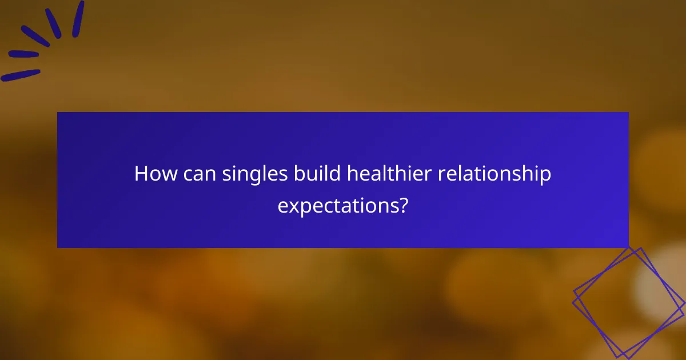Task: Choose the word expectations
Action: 337,206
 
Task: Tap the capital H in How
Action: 141,174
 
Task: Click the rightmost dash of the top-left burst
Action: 78,19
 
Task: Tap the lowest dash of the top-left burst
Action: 21,75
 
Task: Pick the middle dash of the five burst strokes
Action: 35,35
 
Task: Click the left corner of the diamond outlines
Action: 573,295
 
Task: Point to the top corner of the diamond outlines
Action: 640,247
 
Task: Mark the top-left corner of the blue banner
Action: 58,112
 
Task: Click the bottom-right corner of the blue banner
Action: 628,247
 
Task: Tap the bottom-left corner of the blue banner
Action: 58,247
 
